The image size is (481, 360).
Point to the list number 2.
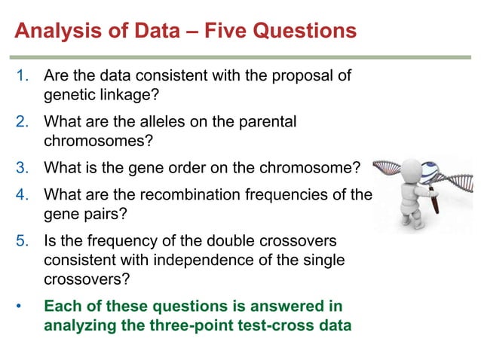22,121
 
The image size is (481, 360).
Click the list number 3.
22,166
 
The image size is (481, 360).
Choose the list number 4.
22,195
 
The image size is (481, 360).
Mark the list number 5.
22,240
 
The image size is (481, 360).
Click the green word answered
286,307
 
